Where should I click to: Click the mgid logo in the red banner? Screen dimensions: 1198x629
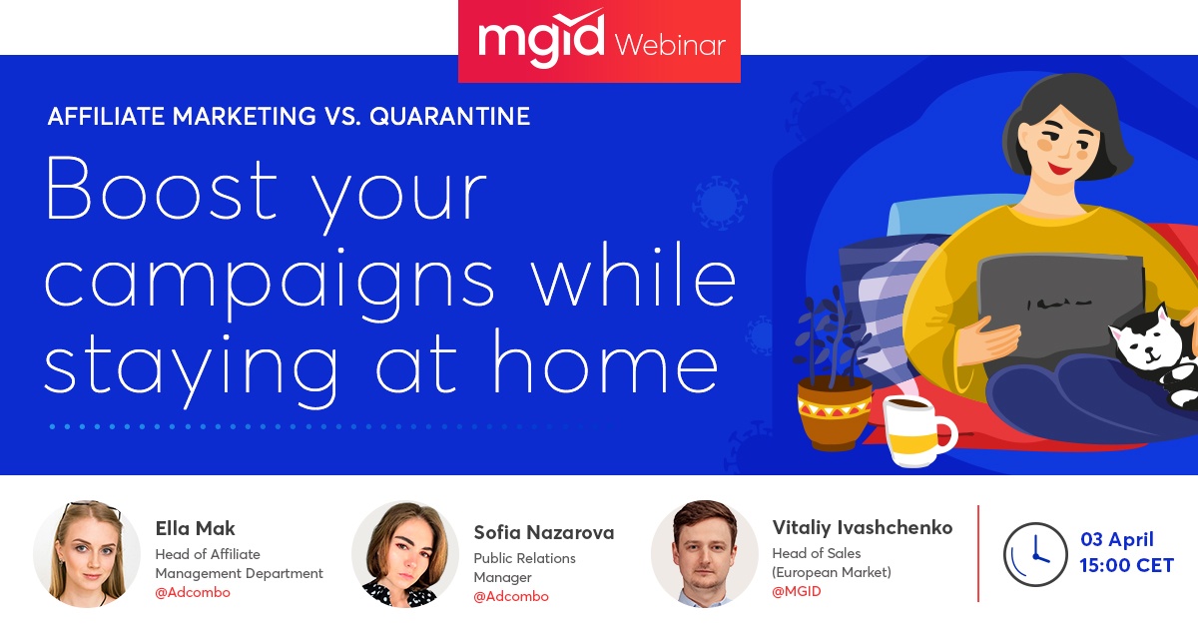click(x=541, y=39)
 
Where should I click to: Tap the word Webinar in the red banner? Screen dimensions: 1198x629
click(x=670, y=45)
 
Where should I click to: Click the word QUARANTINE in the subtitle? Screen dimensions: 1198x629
click(x=450, y=116)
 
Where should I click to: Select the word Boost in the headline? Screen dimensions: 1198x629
click(x=162, y=189)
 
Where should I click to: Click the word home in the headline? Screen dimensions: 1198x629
click(x=605, y=361)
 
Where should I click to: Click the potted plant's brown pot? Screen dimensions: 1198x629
click(x=835, y=412)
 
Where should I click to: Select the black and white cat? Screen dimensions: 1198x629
click(x=1155, y=353)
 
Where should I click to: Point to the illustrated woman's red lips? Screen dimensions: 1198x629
click(x=1059, y=170)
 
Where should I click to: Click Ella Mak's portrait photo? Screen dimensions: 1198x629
click(x=87, y=554)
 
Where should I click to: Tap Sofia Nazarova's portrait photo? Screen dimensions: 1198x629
click(x=405, y=554)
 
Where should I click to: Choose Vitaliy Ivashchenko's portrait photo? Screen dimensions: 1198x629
click(x=705, y=554)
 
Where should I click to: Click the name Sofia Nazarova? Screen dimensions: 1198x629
click(x=544, y=533)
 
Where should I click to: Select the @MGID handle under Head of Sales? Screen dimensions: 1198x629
click(x=797, y=591)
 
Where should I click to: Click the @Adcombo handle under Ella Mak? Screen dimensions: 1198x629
click(x=193, y=592)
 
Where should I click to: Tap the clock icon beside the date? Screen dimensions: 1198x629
click(x=1035, y=554)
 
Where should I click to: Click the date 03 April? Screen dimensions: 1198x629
click(x=1117, y=540)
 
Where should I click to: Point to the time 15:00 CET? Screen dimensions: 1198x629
click(x=1126, y=565)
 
